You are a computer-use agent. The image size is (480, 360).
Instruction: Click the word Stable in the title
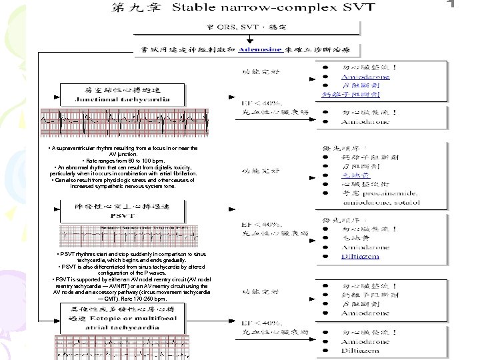tap(196, 9)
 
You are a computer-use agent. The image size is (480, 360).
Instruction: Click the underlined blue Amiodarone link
tap(366, 77)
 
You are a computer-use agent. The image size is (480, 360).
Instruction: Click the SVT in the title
tap(357, 9)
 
